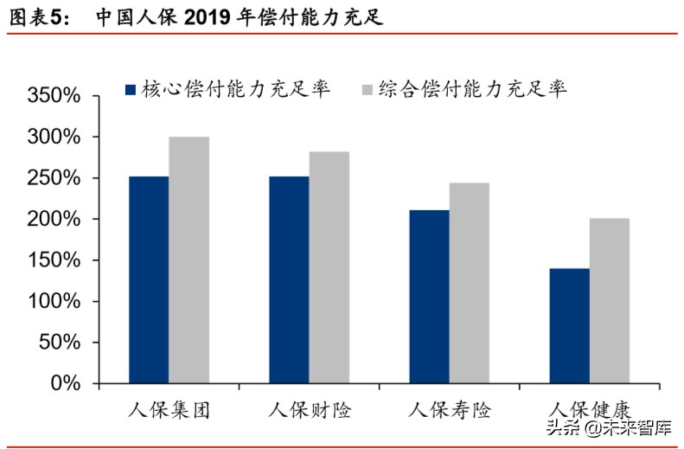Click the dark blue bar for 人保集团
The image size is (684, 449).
148,279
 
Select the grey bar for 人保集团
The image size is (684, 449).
189,260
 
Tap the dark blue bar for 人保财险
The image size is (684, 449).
289,279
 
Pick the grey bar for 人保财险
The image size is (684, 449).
329,267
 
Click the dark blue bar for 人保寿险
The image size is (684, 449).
429,296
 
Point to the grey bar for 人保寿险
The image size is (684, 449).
469,283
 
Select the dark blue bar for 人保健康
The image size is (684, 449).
569,325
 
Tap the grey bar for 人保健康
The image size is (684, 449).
609,300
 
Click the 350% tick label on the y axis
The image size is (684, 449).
54,96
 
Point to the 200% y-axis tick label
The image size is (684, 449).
54,220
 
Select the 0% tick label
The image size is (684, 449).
65,383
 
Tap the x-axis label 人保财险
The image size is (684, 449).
310,409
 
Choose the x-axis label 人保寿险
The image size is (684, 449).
450,409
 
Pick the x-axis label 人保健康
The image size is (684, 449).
590,409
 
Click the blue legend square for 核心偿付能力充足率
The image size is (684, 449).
131,89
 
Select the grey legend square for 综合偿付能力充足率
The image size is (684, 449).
366,89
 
